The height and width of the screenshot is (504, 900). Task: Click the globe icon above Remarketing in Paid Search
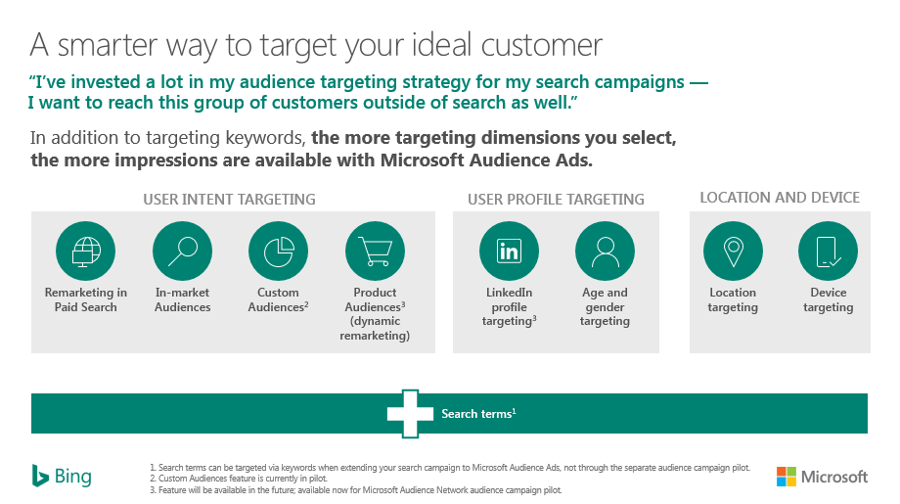coord(85,251)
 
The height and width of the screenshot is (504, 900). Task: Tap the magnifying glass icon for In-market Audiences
coord(183,251)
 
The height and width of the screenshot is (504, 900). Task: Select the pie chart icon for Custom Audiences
coord(279,251)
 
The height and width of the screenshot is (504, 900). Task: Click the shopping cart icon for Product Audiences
coord(375,251)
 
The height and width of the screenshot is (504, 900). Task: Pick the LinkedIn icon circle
coord(509,251)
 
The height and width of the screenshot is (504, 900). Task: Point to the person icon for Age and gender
coord(605,251)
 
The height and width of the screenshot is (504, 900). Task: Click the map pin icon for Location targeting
coord(733,251)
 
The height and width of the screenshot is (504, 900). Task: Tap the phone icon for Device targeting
coord(829,251)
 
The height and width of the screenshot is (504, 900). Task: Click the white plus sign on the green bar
coord(411,413)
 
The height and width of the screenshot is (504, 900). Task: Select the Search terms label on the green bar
coord(478,413)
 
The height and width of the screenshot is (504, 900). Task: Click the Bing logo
coord(62,476)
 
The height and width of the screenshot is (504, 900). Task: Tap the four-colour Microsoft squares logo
coord(787,477)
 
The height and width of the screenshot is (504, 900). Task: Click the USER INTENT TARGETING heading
coord(229,200)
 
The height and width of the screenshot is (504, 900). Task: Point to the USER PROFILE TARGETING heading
coord(556,200)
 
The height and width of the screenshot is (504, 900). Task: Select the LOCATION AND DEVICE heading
coord(780,198)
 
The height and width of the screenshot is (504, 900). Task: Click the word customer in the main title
coord(541,45)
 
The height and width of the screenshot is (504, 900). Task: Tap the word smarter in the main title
coord(108,46)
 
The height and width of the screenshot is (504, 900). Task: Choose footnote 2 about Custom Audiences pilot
coord(238,479)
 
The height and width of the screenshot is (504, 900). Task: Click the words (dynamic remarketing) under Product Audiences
coord(375,329)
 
